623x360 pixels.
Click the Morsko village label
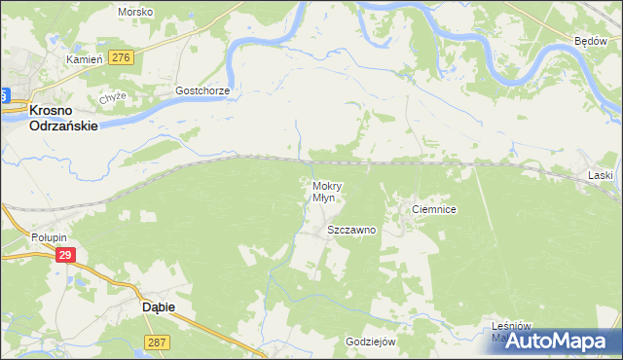135,12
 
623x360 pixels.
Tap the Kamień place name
84,59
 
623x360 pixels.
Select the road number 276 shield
121,58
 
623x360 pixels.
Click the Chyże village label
113,98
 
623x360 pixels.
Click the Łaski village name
601,175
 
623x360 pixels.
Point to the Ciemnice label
434,209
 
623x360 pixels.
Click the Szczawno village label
350,231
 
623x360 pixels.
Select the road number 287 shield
157,342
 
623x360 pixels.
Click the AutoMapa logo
566,342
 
